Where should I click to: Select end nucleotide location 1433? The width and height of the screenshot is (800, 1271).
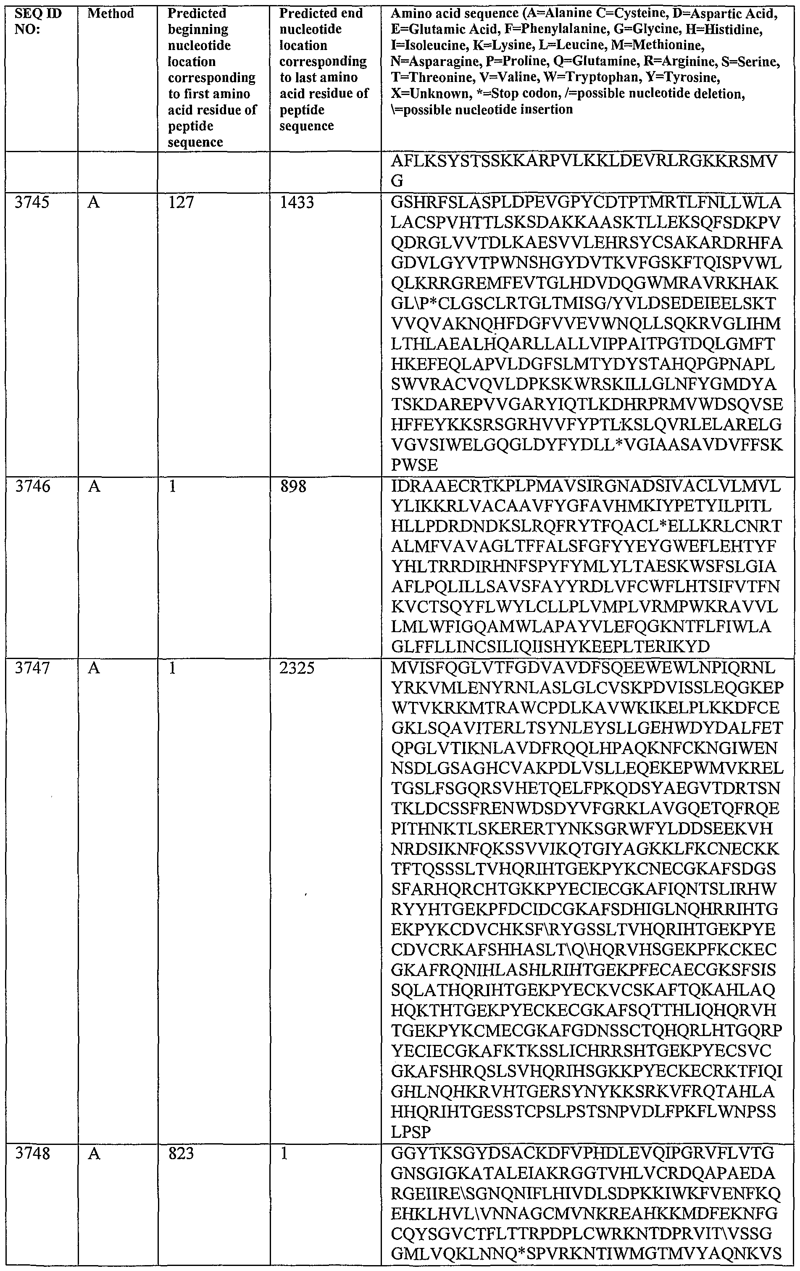(x=297, y=203)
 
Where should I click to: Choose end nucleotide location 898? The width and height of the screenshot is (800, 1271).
(x=293, y=486)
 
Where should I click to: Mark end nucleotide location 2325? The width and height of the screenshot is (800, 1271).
(x=297, y=668)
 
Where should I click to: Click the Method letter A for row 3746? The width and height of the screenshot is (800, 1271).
(x=93, y=486)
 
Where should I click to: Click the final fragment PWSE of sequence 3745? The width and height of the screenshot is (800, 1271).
(x=415, y=465)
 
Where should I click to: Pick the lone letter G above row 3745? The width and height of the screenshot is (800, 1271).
(x=397, y=181)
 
